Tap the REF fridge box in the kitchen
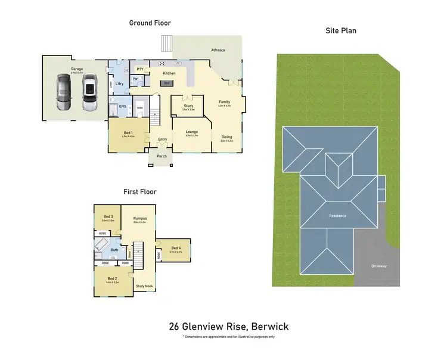click(x=167, y=83)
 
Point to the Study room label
click(x=188, y=105)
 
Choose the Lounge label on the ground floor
click(x=191, y=132)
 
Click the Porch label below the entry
click(x=162, y=156)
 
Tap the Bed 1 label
click(x=128, y=132)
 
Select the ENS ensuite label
click(x=122, y=106)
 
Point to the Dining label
click(x=226, y=137)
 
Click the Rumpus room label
click(x=139, y=218)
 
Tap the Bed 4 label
click(x=176, y=247)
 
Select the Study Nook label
click(x=144, y=286)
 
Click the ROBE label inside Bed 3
click(x=102, y=234)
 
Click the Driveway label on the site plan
click(x=378, y=266)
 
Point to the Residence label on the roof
click(x=338, y=215)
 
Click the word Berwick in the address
click(x=270, y=327)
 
